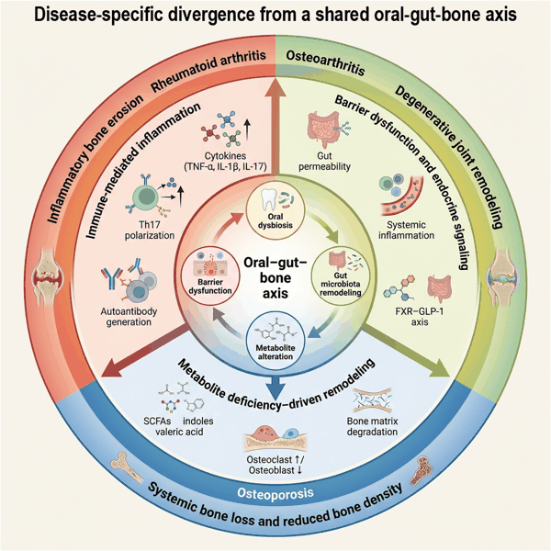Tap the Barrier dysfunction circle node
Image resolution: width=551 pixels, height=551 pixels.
point(210,274)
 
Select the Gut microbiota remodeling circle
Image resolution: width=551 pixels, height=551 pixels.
point(341,275)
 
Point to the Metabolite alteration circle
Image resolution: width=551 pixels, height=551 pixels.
point(275,340)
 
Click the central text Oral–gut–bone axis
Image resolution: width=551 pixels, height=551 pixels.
point(275,277)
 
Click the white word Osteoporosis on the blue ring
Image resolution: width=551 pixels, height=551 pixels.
point(275,492)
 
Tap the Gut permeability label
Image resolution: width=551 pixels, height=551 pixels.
point(324,161)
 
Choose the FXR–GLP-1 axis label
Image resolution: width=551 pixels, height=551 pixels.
point(420,317)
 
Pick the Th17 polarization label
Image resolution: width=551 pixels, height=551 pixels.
point(150,231)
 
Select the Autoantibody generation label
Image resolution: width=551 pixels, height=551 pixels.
point(129,317)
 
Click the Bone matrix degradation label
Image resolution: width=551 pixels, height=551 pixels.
point(372,426)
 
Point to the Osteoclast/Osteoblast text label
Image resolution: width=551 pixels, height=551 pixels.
point(275,465)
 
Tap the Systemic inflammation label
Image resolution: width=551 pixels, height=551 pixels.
point(406,231)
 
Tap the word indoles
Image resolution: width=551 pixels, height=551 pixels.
point(197,421)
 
